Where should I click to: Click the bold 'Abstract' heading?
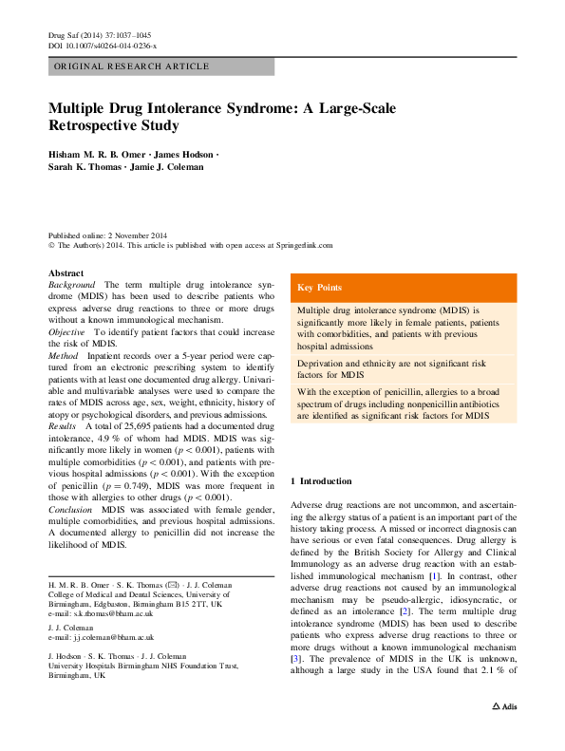point(66,272)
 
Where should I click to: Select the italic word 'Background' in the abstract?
point(72,285)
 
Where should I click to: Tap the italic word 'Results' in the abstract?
point(64,426)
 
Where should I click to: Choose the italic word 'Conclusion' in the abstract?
point(71,510)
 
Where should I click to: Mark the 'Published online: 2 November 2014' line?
point(111,235)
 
